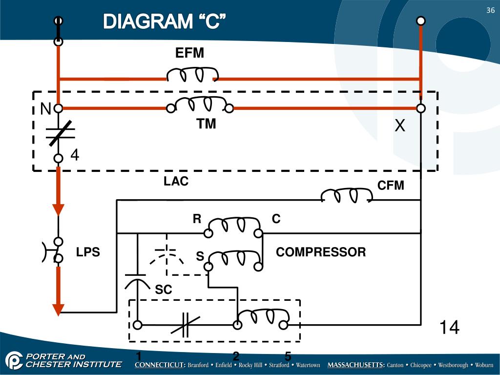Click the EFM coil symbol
click(192, 75)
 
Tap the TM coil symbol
click(200, 104)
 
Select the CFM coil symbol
click(346, 195)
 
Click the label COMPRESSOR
click(321, 252)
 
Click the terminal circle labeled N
click(58, 108)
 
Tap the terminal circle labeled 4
click(58, 158)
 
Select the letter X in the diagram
click(400, 126)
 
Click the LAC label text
click(176, 182)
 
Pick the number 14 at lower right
click(449, 327)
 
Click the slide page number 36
click(490, 11)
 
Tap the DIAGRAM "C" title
click(165, 21)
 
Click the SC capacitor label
click(164, 290)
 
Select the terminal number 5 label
click(288, 356)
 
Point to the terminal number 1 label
click(139, 356)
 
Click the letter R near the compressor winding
click(197, 219)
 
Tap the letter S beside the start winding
click(200, 256)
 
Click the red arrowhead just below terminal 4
click(58, 209)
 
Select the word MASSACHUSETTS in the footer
click(355, 365)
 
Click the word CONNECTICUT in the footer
click(160, 365)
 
